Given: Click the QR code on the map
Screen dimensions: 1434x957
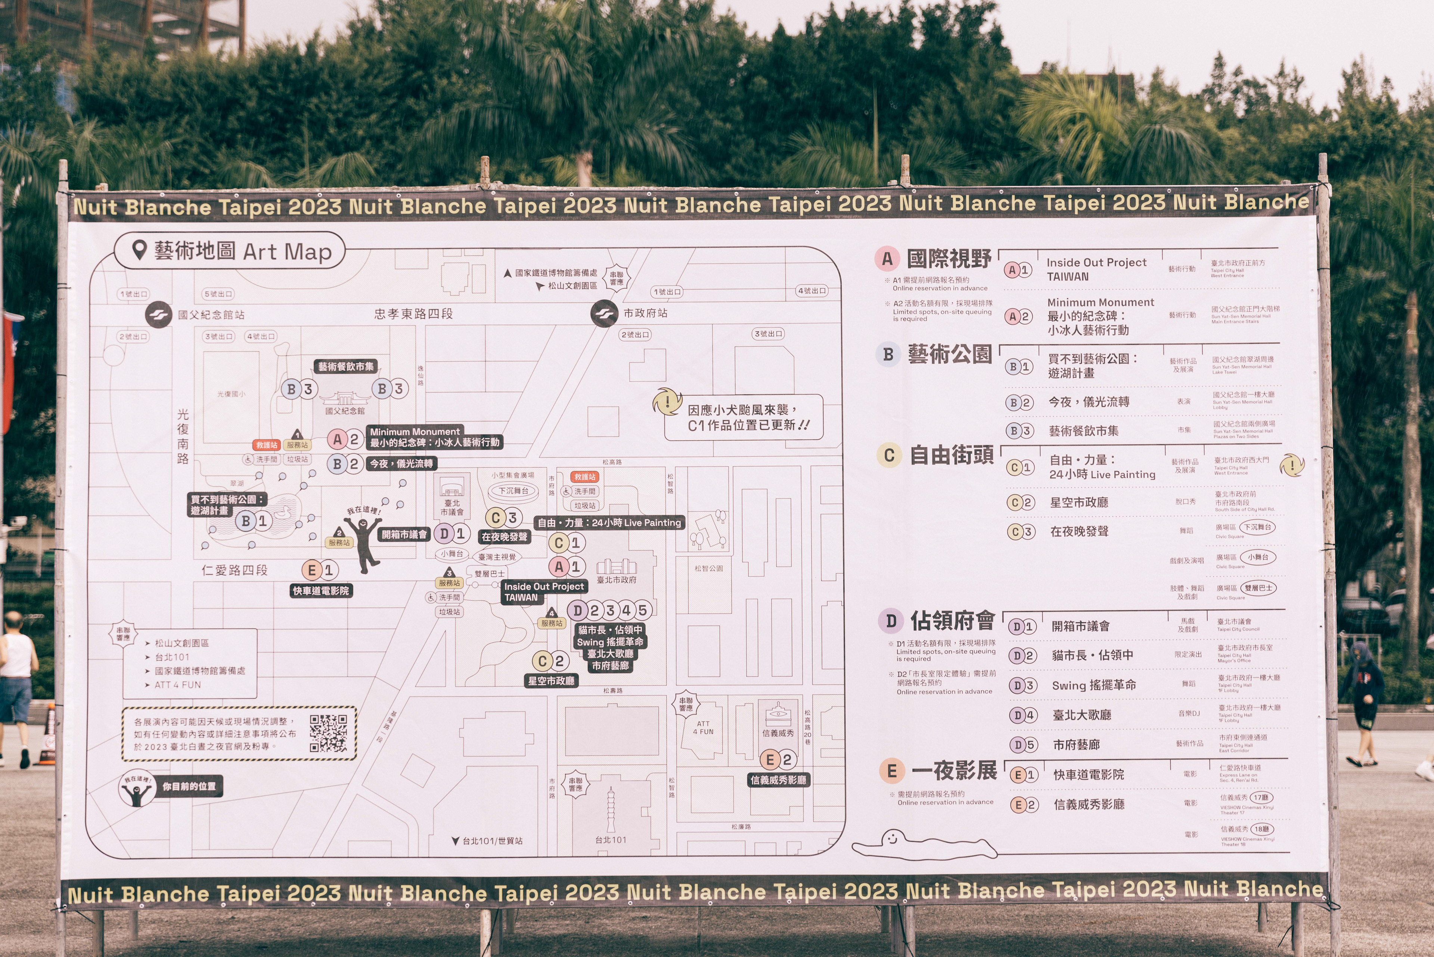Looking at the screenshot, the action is pyautogui.click(x=328, y=733).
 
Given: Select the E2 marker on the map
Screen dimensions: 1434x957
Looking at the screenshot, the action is pyautogui.click(x=778, y=760).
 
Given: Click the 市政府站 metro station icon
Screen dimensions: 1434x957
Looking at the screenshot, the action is pyautogui.click(x=605, y=313).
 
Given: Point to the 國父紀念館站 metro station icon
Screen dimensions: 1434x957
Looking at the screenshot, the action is pyautogui.click(x=158, y=315).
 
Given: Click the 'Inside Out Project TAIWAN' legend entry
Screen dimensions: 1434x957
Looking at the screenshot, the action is pyautogui.click(x=1096, y=269).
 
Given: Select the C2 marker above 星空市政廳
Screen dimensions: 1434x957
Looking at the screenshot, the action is pyautogui.click(x=550, y=661).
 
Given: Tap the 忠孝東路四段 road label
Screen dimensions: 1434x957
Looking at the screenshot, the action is pyautogui.click(x=413, y=314).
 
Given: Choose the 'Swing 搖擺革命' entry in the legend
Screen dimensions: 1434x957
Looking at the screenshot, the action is pyautogui.click(x=1094, y=685).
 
